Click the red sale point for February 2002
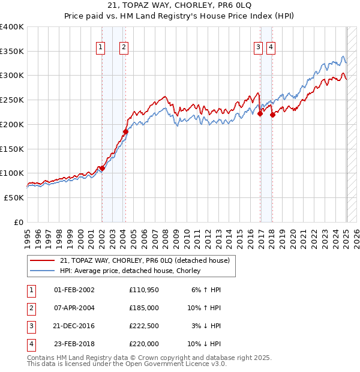pos(102,169)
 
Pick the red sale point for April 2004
pos(125,132)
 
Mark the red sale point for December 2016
pos(260,113)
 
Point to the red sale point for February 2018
pos(272,115)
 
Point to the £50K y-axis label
pos(14,197)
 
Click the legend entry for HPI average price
pos(130,271)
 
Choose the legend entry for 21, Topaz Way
pos(145,260)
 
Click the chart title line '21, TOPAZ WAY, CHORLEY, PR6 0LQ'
pos(180,6)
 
